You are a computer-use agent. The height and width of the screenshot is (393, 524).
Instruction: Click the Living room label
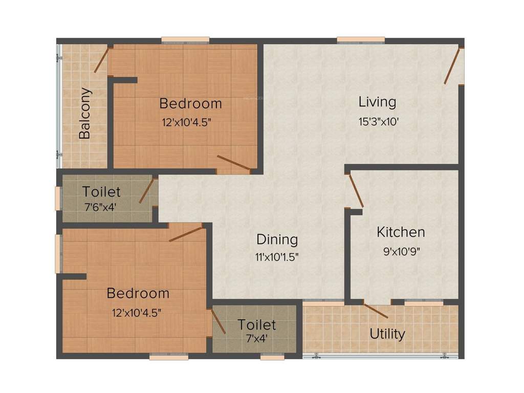377,102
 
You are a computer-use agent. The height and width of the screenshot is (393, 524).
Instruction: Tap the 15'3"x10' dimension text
378,122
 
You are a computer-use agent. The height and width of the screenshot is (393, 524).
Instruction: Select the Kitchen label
401,232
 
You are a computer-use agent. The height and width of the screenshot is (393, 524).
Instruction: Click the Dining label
277,239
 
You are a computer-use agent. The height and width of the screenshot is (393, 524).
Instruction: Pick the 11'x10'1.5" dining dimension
277,257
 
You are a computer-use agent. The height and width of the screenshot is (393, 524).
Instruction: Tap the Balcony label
85,114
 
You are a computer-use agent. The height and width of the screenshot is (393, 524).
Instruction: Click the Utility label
387,334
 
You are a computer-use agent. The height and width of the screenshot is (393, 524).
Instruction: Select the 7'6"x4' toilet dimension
102,208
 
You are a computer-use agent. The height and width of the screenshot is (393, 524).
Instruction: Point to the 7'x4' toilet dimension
256,338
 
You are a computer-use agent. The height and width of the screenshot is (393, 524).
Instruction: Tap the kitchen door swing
356,191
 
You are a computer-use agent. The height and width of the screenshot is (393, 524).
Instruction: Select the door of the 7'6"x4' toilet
146,191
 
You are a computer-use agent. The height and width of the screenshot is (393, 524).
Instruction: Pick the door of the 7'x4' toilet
218,321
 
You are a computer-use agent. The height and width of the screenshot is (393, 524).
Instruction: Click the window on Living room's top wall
361,40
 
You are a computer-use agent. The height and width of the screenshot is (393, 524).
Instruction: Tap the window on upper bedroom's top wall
185,40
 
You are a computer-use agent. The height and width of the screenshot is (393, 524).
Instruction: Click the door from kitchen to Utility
376,310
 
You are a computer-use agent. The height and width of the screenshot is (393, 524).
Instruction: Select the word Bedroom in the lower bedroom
138,294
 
